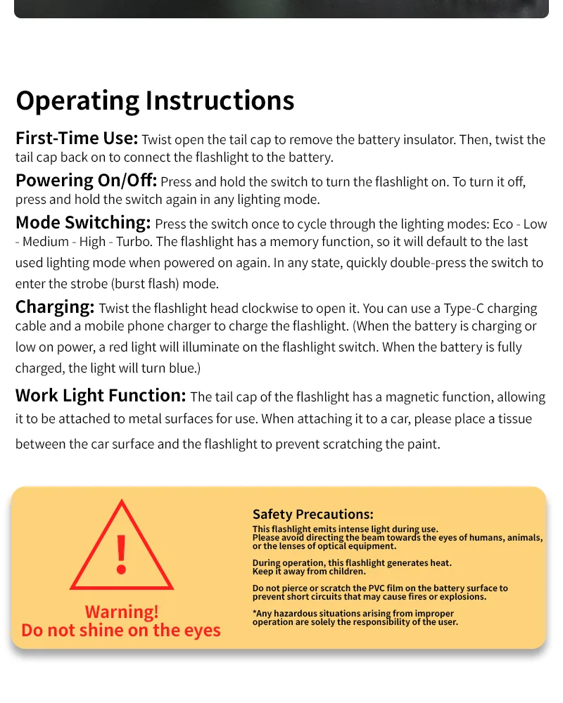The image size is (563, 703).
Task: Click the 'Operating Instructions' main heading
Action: (155, 101)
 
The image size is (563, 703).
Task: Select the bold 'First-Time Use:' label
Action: (76, 138)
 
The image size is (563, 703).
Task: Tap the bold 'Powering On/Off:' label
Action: (86, 181)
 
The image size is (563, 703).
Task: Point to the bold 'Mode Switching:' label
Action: (83, 224)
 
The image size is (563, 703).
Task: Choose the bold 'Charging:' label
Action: (55, 307)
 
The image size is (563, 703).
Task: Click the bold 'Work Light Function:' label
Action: (101, 396)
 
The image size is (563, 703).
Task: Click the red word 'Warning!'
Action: (122, 612)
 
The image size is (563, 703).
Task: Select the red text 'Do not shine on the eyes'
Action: (121, 630)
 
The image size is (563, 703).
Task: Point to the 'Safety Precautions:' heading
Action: (312, 515)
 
